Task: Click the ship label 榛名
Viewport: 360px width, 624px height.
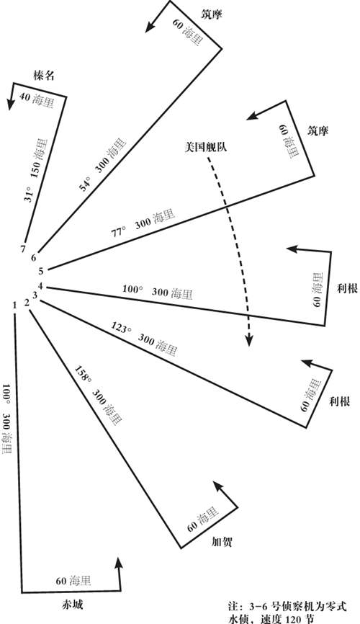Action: click(x=44, y=76)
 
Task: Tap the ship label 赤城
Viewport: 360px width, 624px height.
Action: click(x=73, y=605)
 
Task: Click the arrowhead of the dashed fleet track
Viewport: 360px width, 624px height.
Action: click(x=248, y=341)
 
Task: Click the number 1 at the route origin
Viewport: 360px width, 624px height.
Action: click(x=14, y=306)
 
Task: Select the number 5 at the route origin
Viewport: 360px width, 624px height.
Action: click(x=40, y=272)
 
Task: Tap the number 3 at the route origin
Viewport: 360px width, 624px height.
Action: click(x=35, y=295)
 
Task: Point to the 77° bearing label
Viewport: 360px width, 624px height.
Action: click(x=119, y=231)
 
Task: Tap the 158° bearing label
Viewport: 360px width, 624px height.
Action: click(x=82, y=373)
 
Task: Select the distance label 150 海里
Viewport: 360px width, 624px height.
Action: click(x=41, y=159)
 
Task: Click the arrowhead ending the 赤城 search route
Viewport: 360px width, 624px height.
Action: click(x=118, y=563)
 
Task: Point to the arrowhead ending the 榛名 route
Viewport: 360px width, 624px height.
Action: click(x=11, y=104)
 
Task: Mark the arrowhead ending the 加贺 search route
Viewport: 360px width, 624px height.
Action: click(x=218, y=486)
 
